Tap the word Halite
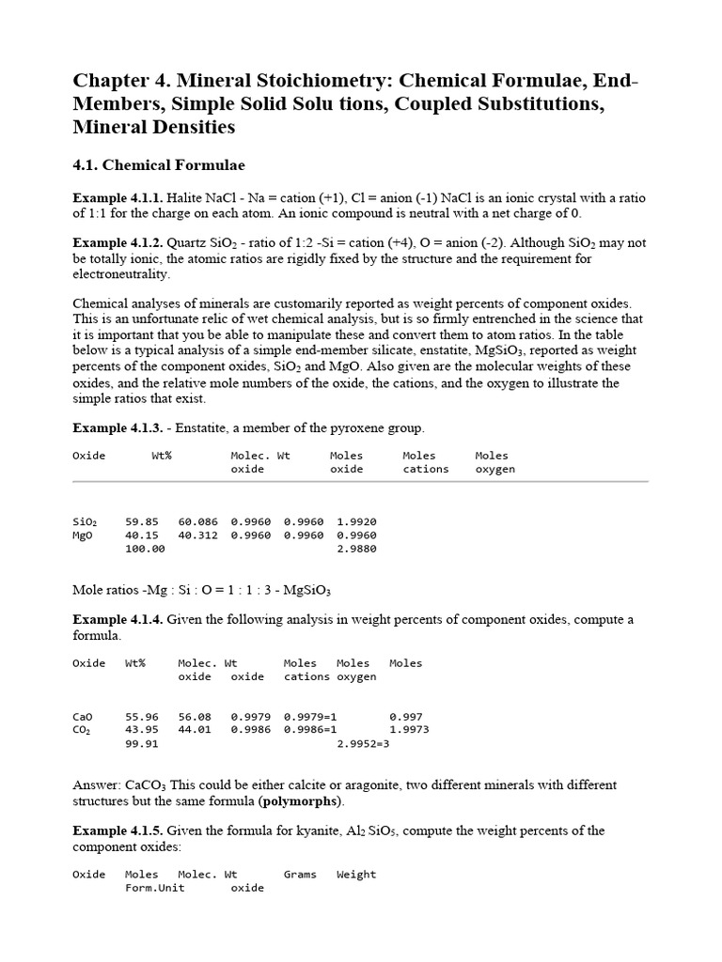click(x=183, y=198)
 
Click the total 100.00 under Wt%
click(x=144, y=549)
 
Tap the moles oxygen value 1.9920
click(x=356, y=520)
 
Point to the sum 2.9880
click(x=356, y=549)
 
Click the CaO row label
click(x=83, y=716)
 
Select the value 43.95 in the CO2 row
click(x=141, y=730)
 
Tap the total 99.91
click(x=141, y=744)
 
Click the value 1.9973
click(x=409, y=730)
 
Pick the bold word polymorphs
click(x=304, y=801)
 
